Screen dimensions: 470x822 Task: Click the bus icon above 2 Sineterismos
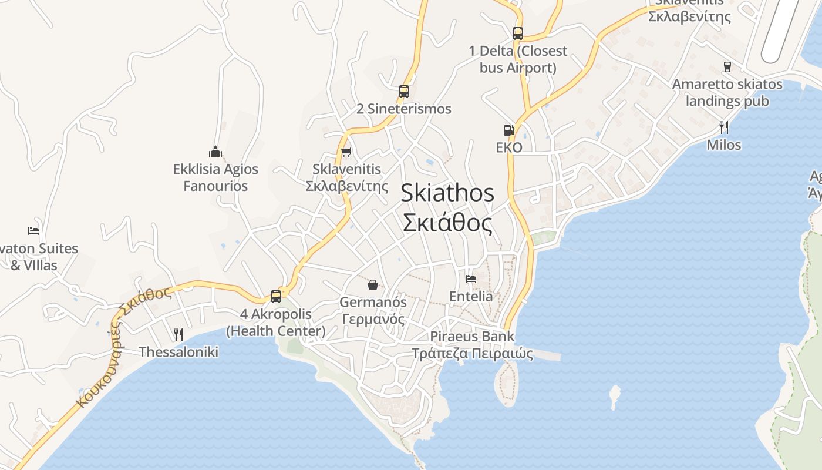point(403,92)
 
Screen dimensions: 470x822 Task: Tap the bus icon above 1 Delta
point(517,33)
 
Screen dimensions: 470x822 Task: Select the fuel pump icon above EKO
point(508,130)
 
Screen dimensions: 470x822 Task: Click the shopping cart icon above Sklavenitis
point(346,152)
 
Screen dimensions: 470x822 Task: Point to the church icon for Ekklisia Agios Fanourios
point(215,152)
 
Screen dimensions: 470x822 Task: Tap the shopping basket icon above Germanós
point(372,285)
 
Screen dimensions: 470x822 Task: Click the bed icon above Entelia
point(471,278)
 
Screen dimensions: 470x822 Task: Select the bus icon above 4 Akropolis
point(276,296)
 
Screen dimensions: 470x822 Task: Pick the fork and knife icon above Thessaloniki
point(178,335)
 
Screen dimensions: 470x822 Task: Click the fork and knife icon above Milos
point(724,127)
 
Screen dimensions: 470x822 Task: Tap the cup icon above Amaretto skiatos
point(727,67)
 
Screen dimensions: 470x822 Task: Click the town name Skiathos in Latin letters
point(447,193)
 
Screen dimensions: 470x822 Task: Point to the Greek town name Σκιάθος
point(447,223)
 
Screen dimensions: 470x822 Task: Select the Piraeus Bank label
point(472,337)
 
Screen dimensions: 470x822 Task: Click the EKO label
point(509,147)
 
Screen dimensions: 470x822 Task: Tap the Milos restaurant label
point(724,145)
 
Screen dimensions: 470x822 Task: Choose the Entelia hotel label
point(471,296)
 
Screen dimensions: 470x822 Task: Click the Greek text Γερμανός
point(373,320)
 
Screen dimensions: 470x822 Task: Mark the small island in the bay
point(615,396)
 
